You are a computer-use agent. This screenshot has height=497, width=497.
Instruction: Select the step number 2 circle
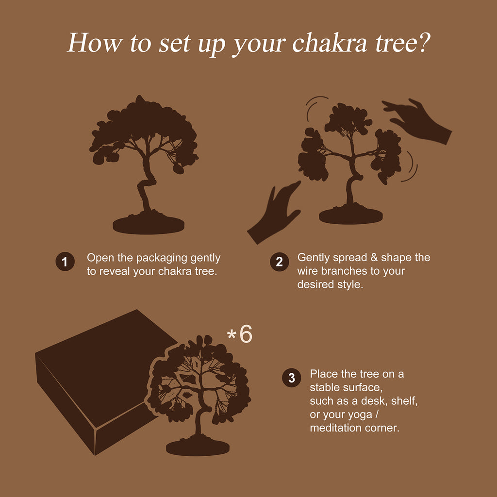point(279,262)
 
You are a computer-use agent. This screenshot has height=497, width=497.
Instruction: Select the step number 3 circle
point(292,378)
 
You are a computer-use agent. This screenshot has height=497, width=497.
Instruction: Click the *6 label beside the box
point(240,334)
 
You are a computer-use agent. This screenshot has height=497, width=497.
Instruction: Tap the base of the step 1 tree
point(149,224)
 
